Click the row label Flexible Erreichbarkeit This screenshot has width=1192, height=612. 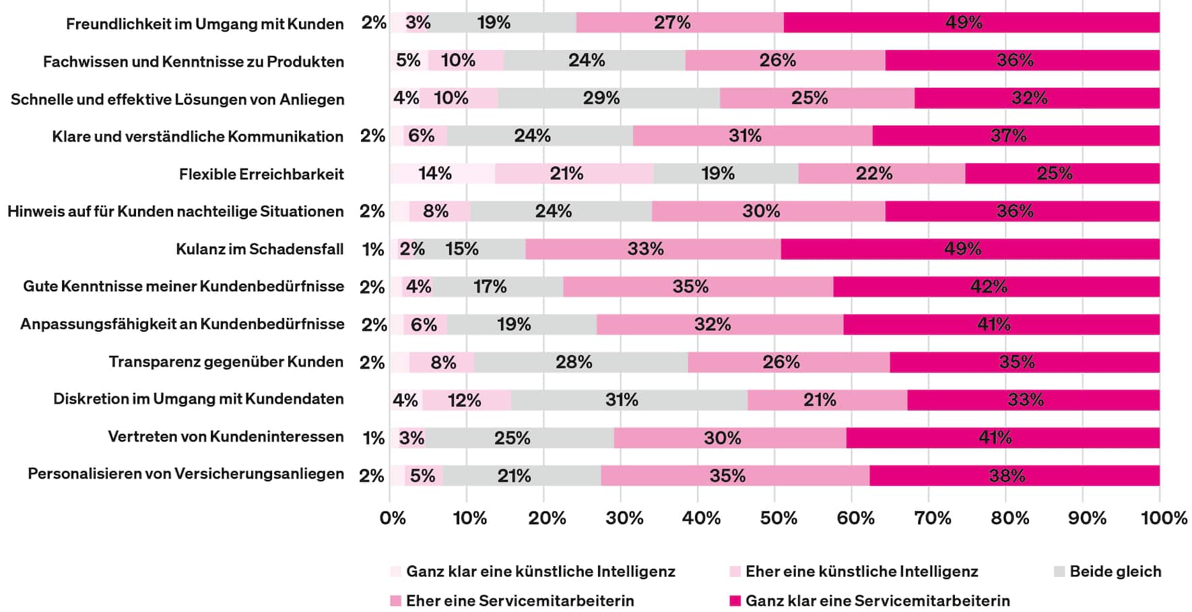(261, 175)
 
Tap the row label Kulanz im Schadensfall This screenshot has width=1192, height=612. (259, 249)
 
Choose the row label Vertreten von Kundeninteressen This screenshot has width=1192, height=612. (226, 437)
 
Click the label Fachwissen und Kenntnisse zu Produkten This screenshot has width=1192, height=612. (193, 62)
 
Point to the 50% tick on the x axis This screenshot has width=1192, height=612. (779, 518)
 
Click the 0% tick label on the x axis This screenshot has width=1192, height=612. (393, 518)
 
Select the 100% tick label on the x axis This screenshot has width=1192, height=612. (1164, 518)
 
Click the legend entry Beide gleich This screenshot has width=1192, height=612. (1115, 572)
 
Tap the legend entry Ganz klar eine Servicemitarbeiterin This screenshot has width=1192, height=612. (877, 601)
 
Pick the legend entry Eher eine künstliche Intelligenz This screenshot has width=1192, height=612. (861, 572)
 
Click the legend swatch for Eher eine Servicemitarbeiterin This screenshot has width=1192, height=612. (396, 601)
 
